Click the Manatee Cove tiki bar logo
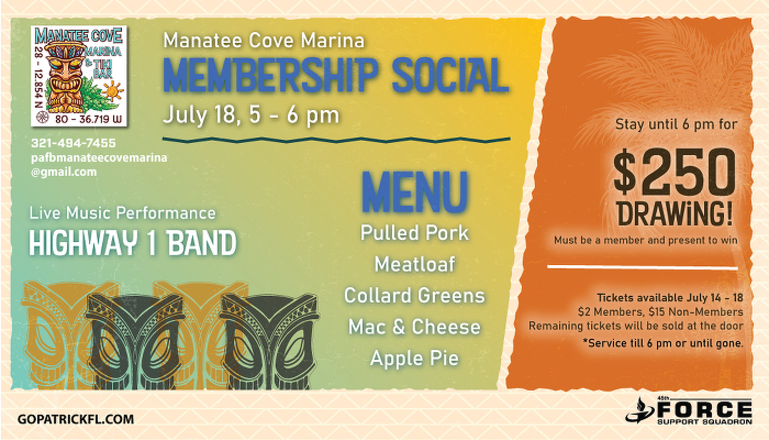tap(79, 76)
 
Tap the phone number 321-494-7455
tap(74, 143)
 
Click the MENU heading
tap(415, 192)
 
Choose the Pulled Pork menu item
tap(414, 233)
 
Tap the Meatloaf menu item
tap(415, 264)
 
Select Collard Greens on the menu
tap(414, 296)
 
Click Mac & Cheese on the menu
tap(414, 327)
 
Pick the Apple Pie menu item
tap(414, 358)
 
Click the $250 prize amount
tap(675, 172)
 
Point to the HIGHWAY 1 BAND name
tap(133, 243)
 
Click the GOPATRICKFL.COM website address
tap(76, 419)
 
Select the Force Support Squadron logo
tap(688, 411)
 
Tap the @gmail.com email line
tap(64, 172)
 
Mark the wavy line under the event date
tap(336, 140)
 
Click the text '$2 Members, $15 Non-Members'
tap(660, 312)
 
